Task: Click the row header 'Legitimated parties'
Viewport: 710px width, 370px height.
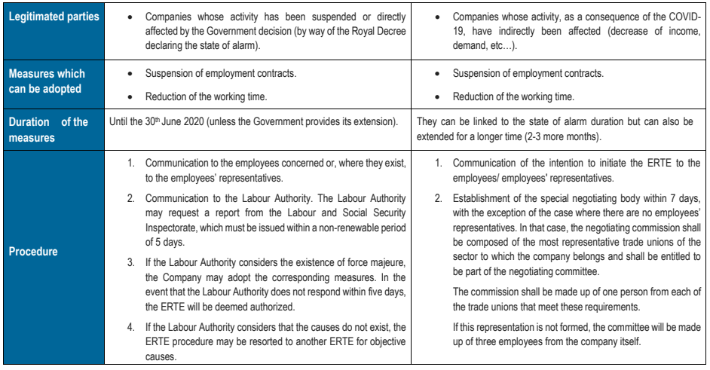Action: coord(54,16)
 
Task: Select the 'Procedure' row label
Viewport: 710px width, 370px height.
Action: coord(33,252)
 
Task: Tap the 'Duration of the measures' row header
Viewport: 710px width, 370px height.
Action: coord(48,130)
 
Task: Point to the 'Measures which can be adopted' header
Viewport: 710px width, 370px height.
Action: coord(47,81)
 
